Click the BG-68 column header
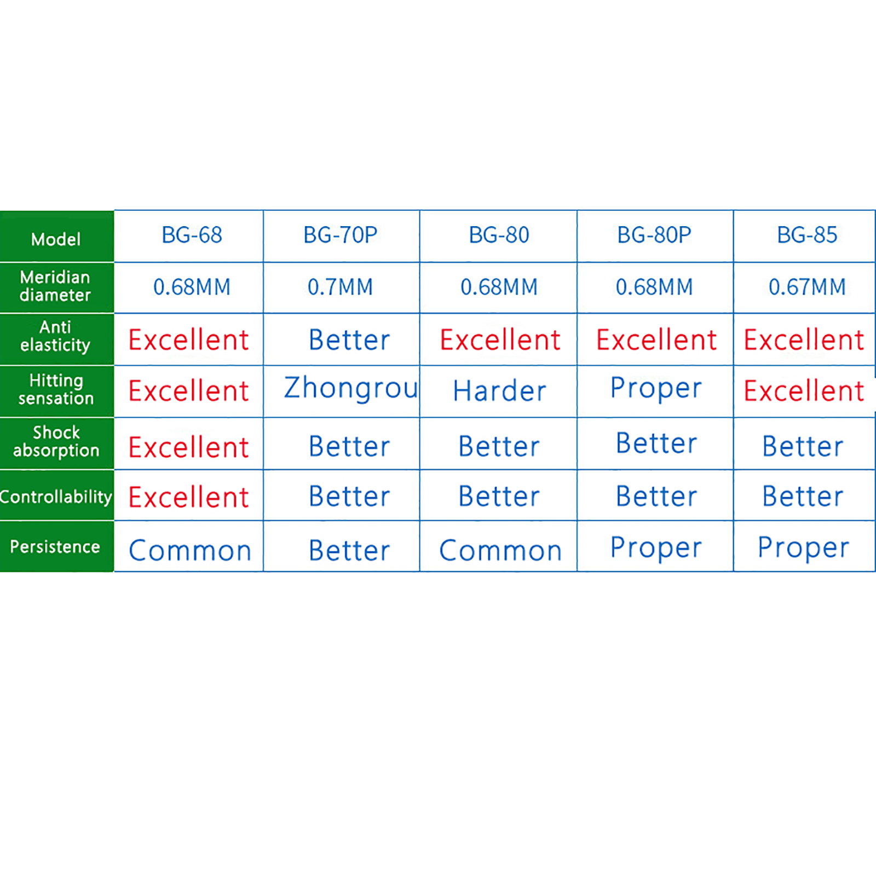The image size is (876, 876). (x=192, y=235)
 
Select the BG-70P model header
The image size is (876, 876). (x=341, y=235)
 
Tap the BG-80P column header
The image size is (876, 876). (x=654, y=235)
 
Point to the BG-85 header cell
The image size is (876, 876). (x=807, y=235)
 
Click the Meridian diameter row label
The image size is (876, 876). (x=55, y=286)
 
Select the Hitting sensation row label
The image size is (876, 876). (x=56, y=389)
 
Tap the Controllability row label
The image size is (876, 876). (x=56, y=497)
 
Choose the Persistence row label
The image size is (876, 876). (x=55, y=546)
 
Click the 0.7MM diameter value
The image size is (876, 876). (x=340, y=287)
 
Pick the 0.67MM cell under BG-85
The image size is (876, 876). (x=807, y=287)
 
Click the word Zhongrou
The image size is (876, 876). (x=351, y=389)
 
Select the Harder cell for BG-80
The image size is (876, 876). (x=499, y=391)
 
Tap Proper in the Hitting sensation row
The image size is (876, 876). (x=656, y=389)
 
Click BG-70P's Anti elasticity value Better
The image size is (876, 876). (x=349, y=340)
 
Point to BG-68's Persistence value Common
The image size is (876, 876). (x=190, y=550)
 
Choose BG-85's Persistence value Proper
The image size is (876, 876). (x=803, y=547)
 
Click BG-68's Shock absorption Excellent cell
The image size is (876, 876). (x=188, y=447)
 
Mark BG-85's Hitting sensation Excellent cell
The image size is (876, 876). (x=804, y=391)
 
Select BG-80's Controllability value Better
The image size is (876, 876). (x=499, y=497)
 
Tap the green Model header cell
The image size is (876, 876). (x=56, y=236)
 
